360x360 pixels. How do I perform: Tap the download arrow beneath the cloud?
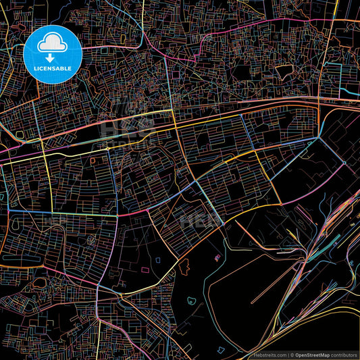point(51,58)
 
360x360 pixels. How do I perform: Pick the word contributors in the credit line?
point(344,354)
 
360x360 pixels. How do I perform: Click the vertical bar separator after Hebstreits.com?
point(289,354)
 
